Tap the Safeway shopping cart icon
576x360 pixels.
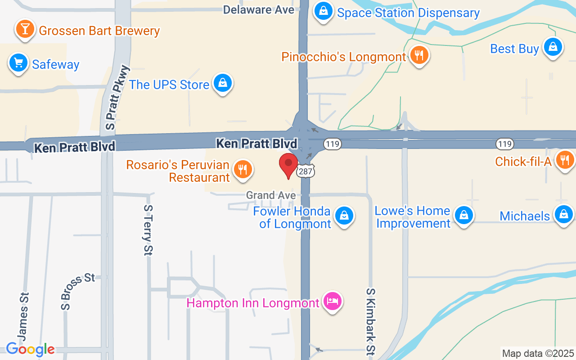pyautogui.click(x=18, y=63)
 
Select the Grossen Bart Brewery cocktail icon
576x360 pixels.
pyautogui.click(x=25, y=29)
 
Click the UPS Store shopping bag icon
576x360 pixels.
pyautogui.click(x=222, y=83)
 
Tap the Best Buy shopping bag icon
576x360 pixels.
pyautogui.click(x=553, y=47)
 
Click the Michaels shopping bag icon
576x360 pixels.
pyautogui.click(x=563, y=215)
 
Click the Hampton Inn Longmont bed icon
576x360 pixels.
pyautogui.click(x=333, y=301)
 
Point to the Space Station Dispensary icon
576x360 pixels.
pyautogui.click(x=323, y=12)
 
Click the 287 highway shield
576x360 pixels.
pyautogui.click(x=306, y=171)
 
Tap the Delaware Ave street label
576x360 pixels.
pyautogui.click(x=258, y=9)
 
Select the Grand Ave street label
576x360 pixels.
pyautogui.click(x=271, y=195)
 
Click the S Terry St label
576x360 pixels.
pyautogui.click(x=148, y=230)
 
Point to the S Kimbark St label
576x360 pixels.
pyautogui.click(x=371, y=321)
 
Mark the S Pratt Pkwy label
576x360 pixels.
pyautogui.click(x=117, y=98)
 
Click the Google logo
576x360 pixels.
pyautogui.click(x=30, y=349)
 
